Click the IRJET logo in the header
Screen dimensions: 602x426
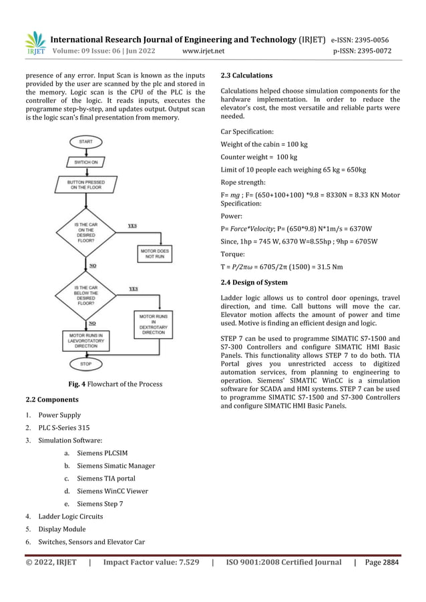35,41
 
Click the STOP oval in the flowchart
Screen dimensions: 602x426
86,364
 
